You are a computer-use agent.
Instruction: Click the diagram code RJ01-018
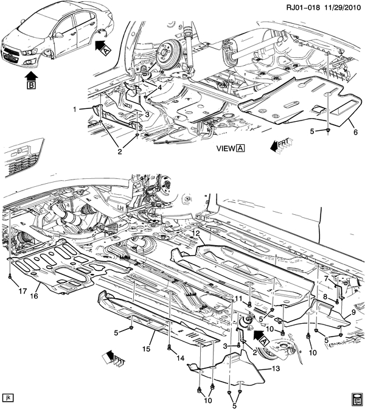point(303,7)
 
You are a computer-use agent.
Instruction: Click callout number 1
point(75,110)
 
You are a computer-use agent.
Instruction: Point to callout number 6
point(356,132)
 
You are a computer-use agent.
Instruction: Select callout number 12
point(196,233)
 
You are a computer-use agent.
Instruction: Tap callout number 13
point(276,368)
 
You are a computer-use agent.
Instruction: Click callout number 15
point(147,349)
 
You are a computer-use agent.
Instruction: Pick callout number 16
point(34,296)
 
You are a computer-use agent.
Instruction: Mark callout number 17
point(23,291)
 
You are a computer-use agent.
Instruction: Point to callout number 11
point(239,298)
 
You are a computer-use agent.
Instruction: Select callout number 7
point(326,279)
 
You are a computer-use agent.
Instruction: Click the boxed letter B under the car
point(31,85)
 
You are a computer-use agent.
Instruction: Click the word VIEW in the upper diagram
point(226,149)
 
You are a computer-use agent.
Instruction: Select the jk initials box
point(7,398)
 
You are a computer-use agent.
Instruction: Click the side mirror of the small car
point(60,35)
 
